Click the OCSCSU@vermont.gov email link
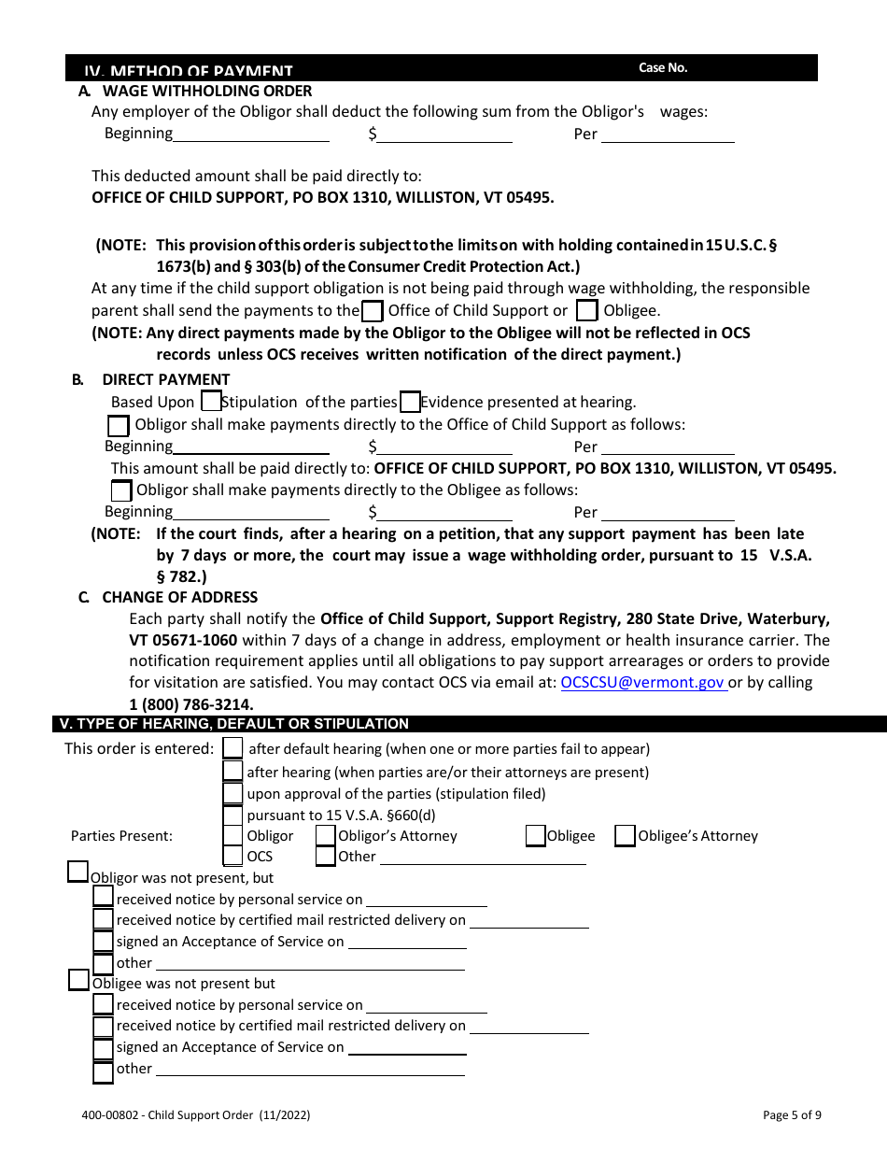[642, 683]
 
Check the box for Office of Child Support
[372, 310]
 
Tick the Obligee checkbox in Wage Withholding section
[586, 310]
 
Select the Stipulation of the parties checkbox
[211, 402]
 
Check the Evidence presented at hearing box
[410, 403]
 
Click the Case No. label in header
[663, 68]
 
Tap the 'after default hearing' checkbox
[233, 748]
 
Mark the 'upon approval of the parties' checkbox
[233, 793]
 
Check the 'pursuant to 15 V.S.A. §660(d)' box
[233, 815]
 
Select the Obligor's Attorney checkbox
[326, 836]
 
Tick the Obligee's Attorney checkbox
[625, 836]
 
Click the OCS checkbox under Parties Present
[233, 856]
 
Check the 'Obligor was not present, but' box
[78, 872]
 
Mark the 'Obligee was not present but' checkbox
[79, 980]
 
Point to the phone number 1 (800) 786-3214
[190, 704]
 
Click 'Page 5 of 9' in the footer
[792, 1114]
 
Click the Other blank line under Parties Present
[482, 858]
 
